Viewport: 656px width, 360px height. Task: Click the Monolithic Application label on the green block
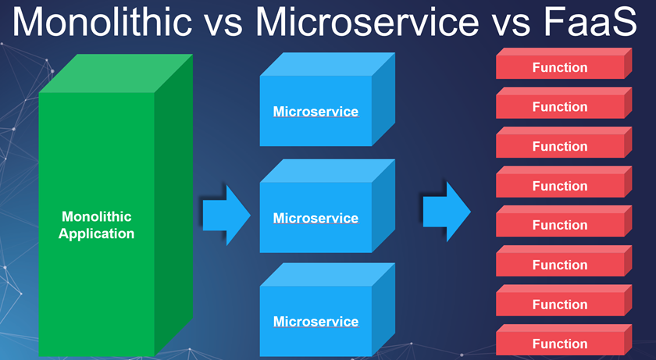pos(97,225)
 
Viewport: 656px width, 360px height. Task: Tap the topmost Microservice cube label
pos(316,112)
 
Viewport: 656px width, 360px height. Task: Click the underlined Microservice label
pos(316,218)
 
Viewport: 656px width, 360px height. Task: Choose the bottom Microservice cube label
pos(316,321)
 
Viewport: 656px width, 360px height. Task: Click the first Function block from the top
pos(560,68)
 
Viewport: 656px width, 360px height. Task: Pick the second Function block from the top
pos(560,107)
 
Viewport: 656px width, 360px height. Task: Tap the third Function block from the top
pos(560,147)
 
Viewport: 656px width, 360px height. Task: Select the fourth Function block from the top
pos(560,186)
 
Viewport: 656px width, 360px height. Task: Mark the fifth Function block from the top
pos(560,225)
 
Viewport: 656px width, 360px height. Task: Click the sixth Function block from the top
pos(560,265)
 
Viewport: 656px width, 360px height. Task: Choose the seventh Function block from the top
pos(560,305)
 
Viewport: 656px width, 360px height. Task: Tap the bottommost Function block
pos(560,344)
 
